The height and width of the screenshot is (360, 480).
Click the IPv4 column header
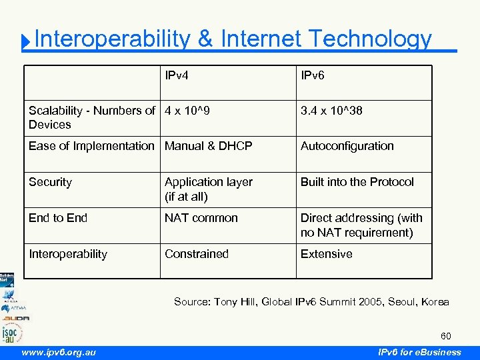tap(177, 75)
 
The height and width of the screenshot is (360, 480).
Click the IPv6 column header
tap(313, 75)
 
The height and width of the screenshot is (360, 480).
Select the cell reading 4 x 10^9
tap(187, 111)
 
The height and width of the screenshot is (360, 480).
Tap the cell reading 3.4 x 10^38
tap(331, 111)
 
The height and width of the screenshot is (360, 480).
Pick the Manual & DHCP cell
tap(209, 146)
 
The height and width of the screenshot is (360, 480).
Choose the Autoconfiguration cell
tap(347, 146)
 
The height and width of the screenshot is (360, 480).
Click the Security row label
tap(50, 182)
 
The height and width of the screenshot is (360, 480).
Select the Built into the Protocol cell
tap(357, 182)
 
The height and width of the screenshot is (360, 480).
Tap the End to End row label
tap(58, 218)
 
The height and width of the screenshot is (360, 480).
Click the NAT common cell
tap(201, 218)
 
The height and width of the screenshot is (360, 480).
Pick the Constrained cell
tap(197, 254)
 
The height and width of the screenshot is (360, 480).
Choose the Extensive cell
tap(326, 254)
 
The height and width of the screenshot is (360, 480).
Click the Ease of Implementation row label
tap(91, 146)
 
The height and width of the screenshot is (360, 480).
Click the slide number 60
tap(445, 336)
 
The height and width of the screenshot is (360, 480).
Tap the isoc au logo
tap(12, 331)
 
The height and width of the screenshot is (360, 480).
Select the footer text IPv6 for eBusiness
tap(419, 352)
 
